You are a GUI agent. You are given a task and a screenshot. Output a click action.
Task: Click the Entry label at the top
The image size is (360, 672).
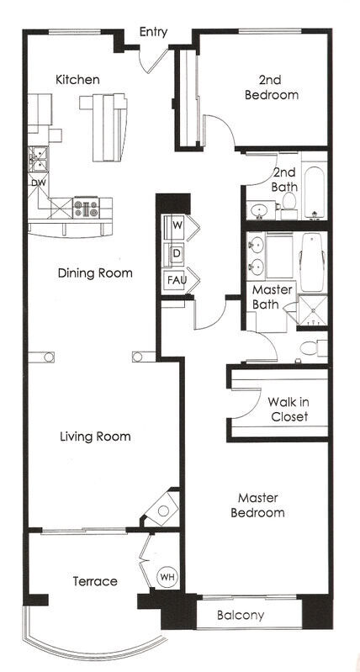pos(153,32)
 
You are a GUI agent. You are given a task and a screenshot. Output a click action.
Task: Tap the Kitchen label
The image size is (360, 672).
pos(77,80)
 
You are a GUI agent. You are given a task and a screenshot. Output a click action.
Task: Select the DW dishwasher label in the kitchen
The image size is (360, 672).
pos(38,183)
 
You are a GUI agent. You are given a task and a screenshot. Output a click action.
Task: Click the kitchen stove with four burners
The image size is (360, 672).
pos(87,206)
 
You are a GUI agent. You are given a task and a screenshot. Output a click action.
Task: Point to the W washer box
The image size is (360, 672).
pos(177,225)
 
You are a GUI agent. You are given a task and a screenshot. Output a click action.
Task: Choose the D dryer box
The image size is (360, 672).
pos(177,252)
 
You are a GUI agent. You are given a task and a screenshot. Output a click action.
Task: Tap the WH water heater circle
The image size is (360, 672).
pos(167,578)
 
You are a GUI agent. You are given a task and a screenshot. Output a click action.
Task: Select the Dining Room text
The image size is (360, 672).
pos(95,273)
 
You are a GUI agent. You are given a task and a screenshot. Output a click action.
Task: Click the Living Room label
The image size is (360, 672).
pos(95,437)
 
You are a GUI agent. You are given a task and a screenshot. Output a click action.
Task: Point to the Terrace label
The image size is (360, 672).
pos(94,581)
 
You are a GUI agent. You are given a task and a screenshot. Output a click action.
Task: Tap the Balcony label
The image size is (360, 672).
pos(241,616)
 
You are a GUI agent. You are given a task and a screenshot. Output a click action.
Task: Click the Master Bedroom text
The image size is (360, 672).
pos(260,505)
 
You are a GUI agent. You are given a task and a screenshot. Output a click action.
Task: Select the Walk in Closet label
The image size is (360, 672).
pos(288,409)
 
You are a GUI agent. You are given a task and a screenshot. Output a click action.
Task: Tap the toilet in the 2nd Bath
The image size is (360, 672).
pos(289,203)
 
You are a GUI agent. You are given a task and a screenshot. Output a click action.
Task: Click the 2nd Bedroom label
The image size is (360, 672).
pos(271,87)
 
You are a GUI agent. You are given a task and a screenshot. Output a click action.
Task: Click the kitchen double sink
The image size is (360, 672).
pos(38,156)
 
